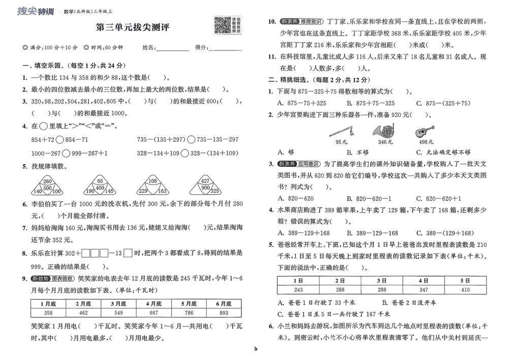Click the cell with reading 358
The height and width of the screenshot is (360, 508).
point(49,313)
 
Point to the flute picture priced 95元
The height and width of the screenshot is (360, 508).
point(341,132)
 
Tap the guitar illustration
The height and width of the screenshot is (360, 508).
point(424,131)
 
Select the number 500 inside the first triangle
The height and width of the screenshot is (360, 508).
point(47,188)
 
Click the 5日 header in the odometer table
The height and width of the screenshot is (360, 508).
point(465,280)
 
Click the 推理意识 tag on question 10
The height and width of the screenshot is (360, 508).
point(313,22)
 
